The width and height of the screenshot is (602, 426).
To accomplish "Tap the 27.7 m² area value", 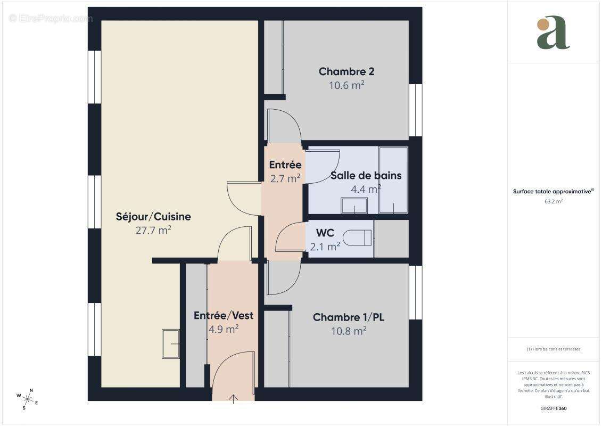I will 153,230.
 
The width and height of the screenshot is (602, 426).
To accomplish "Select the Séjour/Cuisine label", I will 153,217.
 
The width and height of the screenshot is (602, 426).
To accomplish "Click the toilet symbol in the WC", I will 357,237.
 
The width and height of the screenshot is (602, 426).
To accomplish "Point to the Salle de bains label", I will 366,175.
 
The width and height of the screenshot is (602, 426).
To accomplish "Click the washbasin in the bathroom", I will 354,206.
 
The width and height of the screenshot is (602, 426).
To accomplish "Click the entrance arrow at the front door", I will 233,399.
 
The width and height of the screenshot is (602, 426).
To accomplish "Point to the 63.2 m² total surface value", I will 554,201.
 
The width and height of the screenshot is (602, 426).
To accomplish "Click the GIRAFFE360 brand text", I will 554,408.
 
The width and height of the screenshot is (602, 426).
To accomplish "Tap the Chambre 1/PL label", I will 349,317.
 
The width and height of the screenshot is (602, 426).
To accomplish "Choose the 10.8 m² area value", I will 349,331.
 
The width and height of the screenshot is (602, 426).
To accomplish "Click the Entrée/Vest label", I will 224,315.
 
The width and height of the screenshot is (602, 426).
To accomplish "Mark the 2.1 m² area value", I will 325,246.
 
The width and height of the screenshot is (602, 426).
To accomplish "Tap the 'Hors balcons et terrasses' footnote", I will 554,349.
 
